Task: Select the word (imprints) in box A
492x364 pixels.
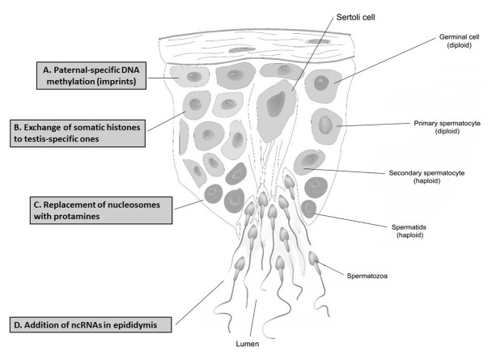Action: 112,82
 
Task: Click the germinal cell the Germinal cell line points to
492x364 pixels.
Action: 324,83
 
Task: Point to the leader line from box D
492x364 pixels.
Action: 199,303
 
